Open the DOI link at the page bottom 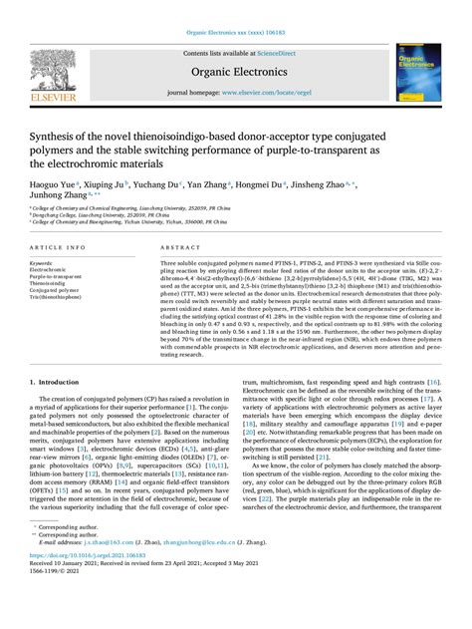coord(89,596)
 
